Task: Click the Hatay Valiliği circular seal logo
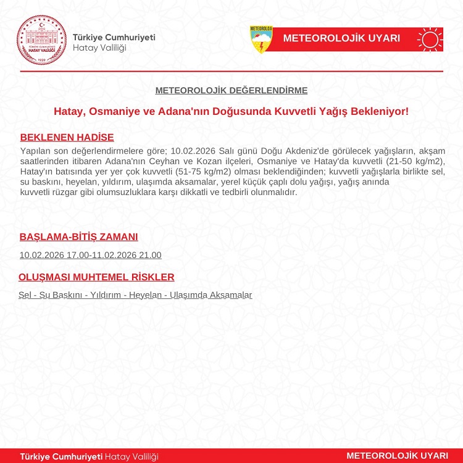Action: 41,39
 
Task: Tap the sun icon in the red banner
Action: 430,39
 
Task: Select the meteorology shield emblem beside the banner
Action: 261,39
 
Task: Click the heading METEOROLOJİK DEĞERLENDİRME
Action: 231,91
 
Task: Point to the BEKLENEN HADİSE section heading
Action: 67,137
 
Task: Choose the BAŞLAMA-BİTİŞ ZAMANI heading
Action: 78,236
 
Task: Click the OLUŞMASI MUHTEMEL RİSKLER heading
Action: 96,277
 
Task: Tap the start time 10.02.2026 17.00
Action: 54,255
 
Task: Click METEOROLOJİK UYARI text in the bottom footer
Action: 397,456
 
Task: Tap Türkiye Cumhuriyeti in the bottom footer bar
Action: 61,456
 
